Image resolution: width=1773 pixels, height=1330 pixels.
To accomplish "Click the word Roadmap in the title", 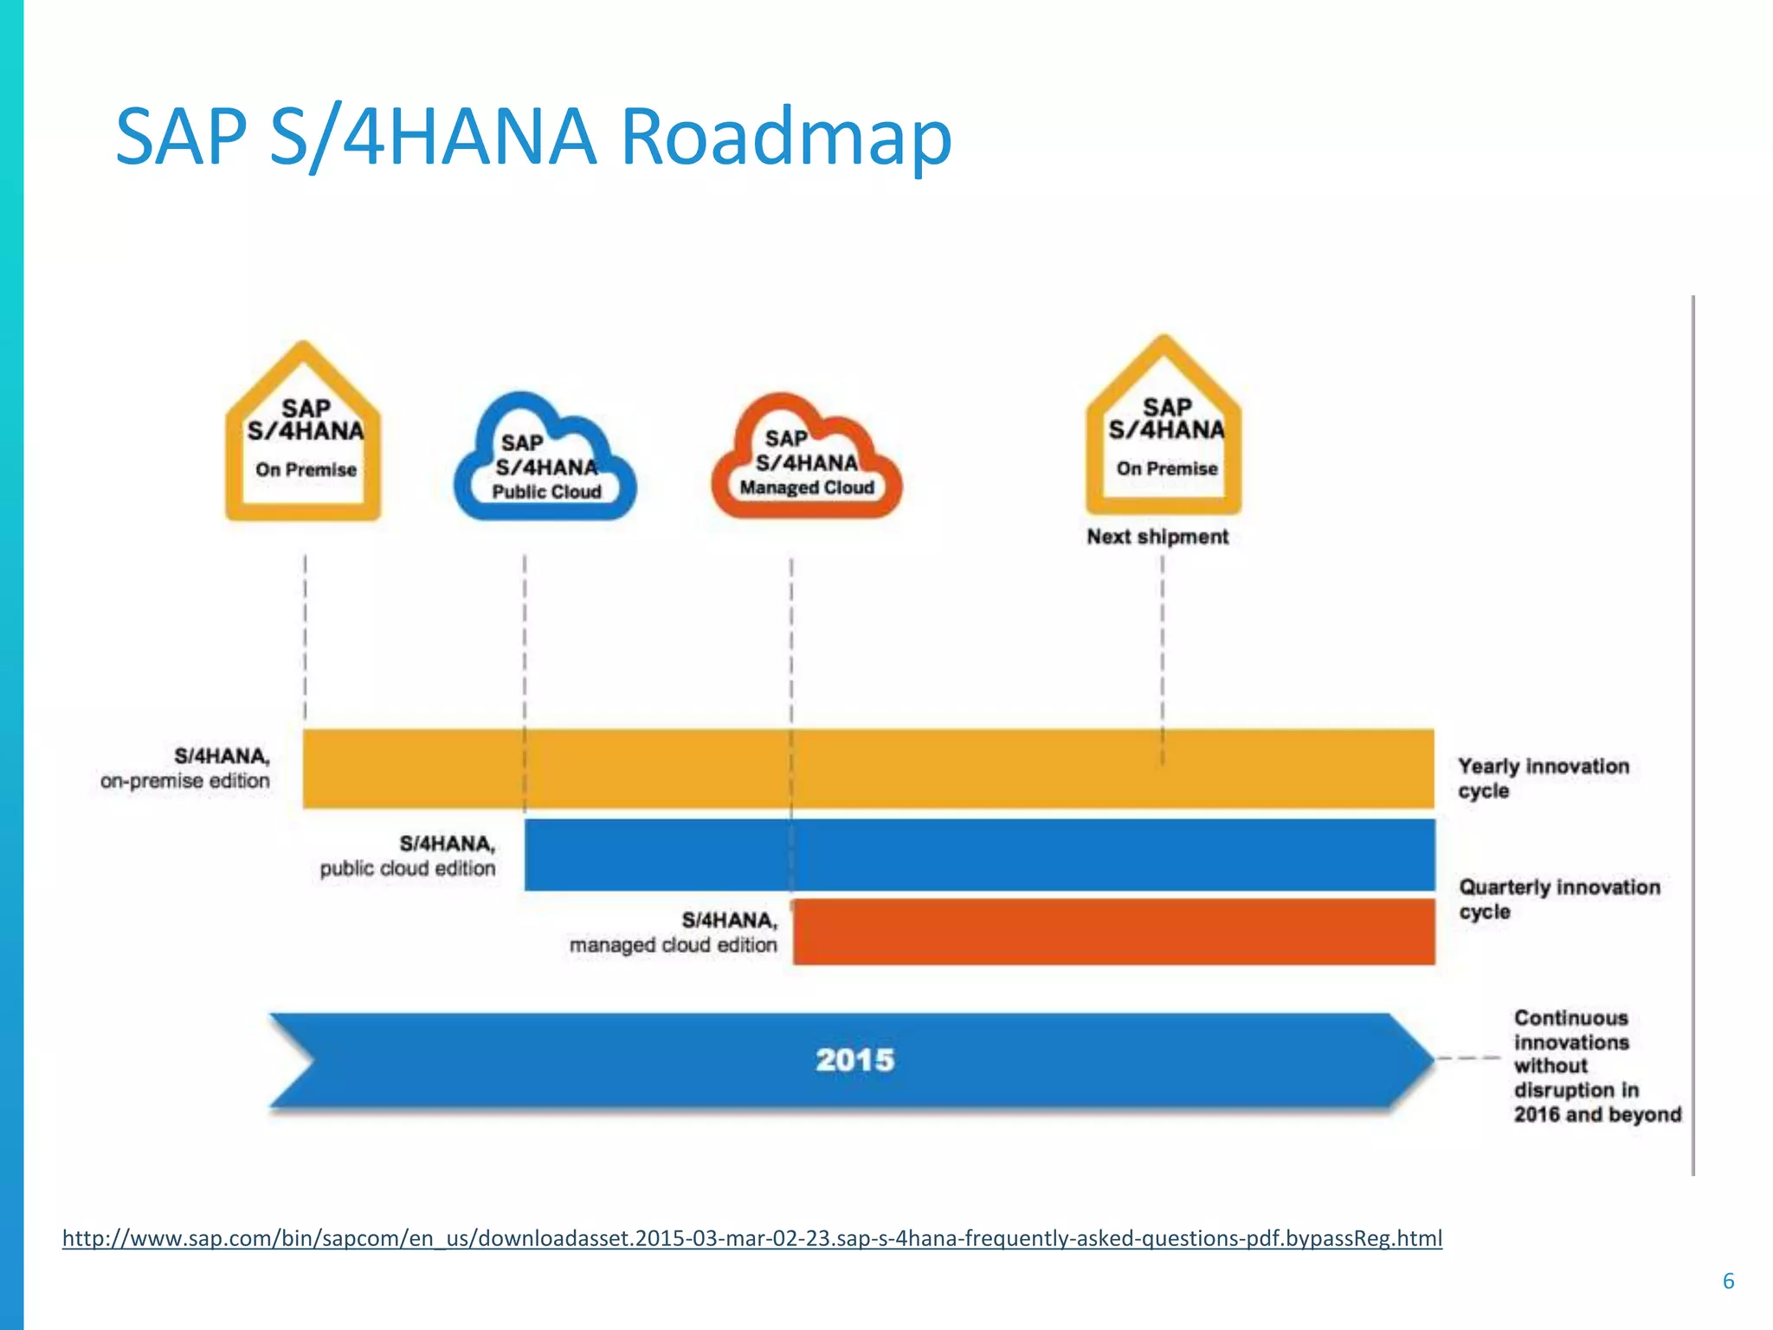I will point(786,137).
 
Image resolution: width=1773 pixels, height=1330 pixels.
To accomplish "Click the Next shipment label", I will point(1157,537).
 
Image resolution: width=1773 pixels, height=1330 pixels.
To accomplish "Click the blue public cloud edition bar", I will point(978,854).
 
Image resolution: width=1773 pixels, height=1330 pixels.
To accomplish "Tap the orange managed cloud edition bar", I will point(1113,932).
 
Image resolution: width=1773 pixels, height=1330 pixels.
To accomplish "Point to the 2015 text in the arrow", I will point(854,1060).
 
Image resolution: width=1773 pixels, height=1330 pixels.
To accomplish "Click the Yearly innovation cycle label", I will point(1543,778).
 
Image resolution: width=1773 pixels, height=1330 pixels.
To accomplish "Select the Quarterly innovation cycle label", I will point(1558,899).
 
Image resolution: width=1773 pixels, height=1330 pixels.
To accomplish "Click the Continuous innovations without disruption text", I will point(1596,1066).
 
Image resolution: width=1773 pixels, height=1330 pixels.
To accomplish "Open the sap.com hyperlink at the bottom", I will point(751,1238).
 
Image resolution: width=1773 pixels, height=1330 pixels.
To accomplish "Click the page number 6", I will point(1728,1281).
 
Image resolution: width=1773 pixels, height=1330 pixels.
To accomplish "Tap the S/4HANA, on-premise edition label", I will point(185,769).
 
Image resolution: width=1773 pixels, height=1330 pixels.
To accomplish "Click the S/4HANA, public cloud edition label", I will point(408,855).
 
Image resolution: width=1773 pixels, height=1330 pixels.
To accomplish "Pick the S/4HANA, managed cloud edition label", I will point(674,933).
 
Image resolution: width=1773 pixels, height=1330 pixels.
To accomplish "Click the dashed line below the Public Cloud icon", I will point(525,641).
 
